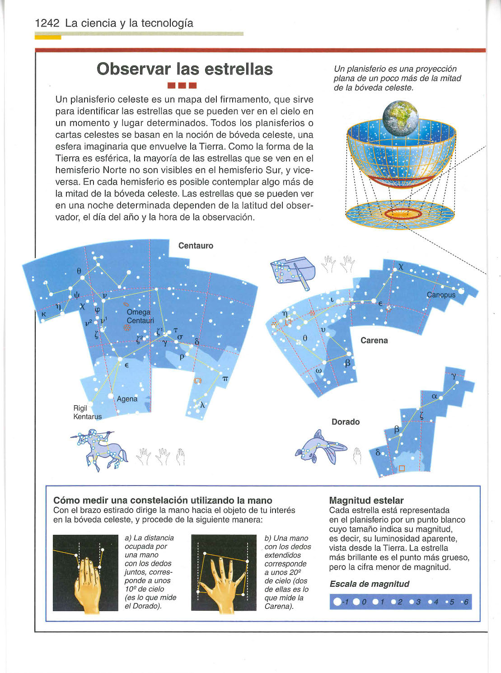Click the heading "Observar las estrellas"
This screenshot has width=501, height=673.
click(x=185, y=69)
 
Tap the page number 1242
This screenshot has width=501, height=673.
click(x=47, y=23)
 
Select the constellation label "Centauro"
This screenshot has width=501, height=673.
click(x=196, y=246)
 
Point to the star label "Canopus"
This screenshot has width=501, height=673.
click(x=441, y=295)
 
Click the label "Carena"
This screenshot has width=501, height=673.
click(x=374, y=341)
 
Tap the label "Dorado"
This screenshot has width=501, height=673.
click(x=346, y=422)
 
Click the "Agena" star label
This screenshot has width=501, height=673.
click(x=127, y=399)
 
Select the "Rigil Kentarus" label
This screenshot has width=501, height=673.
click(x=87, y=412)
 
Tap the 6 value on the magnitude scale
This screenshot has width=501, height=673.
click(x=466, y=602)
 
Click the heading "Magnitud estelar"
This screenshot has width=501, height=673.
click(x=366, y=500)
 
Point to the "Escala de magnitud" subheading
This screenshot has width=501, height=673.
click(x=370, y=584)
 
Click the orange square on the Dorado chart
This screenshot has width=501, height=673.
click(x=402, y=468)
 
